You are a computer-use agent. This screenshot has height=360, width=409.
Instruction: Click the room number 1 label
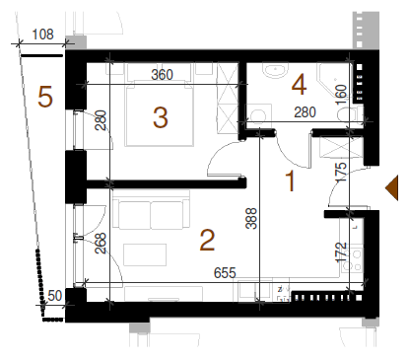291,180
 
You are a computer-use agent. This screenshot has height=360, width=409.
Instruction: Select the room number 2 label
207,241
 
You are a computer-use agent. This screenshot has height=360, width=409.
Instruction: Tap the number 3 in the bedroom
161,117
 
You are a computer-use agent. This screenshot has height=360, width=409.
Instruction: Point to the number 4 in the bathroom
299,85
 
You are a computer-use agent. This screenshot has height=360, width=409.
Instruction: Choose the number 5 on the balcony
45,97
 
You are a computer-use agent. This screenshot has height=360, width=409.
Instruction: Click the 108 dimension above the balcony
42,35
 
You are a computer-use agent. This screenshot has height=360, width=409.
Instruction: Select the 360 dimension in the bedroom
162,75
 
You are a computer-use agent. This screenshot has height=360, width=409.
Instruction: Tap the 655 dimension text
225,273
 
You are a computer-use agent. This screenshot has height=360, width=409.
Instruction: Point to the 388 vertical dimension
251,218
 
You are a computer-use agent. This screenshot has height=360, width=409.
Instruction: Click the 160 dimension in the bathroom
341,95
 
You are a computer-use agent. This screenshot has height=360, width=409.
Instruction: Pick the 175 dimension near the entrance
341,173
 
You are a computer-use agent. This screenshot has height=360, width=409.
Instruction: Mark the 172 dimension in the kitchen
341,252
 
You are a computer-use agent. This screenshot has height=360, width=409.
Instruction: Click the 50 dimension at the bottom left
54,296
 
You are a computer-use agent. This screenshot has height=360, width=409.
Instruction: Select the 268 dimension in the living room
101,243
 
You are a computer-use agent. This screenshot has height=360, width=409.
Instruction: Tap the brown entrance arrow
391,187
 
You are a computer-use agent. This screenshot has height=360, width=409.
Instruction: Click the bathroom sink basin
275,71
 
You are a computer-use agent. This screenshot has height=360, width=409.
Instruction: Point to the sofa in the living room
151,210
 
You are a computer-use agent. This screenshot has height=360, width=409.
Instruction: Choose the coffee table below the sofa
145,254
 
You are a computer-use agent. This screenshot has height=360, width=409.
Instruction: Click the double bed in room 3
159,113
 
